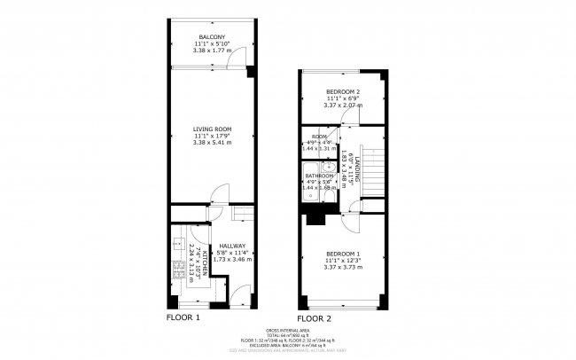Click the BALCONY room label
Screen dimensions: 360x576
pos(211,36)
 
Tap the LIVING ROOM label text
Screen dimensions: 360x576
pos(211,129)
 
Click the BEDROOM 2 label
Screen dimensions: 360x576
pos(342,92)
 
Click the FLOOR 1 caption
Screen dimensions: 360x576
pos(183,317)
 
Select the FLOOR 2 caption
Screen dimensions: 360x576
pos(314,317)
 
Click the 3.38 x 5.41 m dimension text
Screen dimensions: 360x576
pos(211,142)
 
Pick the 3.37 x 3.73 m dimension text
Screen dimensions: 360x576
pos(341,267)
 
